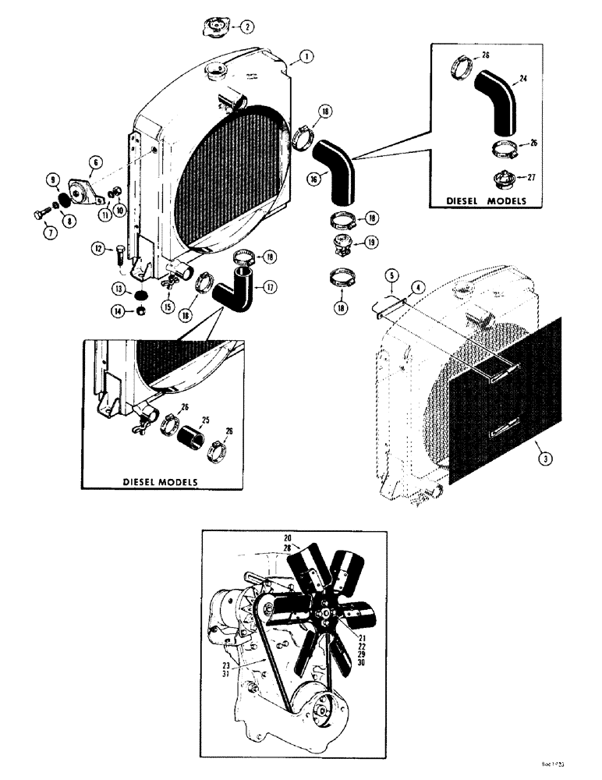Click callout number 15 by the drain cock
coord(168,307)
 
